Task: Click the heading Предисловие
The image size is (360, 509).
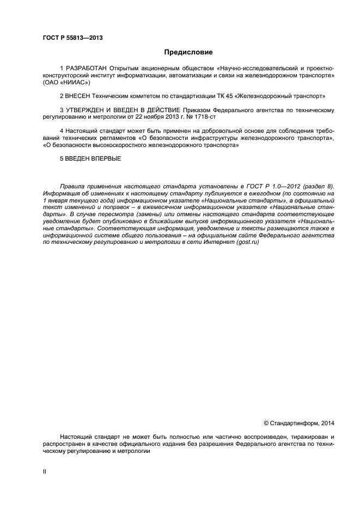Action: pyautogui.click(x=188, y=52)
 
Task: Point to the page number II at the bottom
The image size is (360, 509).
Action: pyautogui.click(x=45, y=471)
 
